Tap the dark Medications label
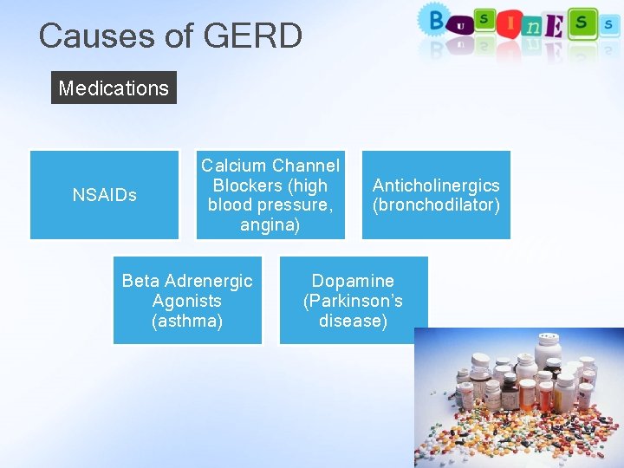(114, 88)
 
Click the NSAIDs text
(104, 195)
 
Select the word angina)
(270, 225)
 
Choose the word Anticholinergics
(436, 185)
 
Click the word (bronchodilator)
(436, 205)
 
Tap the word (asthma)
(186, 321)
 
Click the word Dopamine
(353, 281)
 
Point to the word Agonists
(186, 301)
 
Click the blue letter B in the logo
(434, 19)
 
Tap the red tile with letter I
(510, 22)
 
